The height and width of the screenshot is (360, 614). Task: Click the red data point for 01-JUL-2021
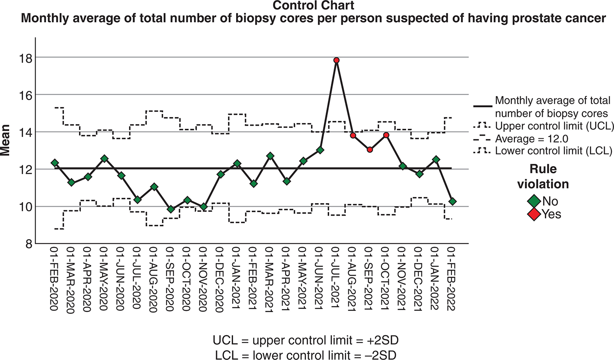[336, 60]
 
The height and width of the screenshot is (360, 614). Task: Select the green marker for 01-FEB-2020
[54, 163]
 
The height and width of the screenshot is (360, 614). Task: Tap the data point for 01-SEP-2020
[171, 209]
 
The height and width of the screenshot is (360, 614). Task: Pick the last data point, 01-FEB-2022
[453, 201]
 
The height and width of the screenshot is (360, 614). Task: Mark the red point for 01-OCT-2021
[386, 135]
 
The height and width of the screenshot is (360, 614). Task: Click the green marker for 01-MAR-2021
[270, 156]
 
